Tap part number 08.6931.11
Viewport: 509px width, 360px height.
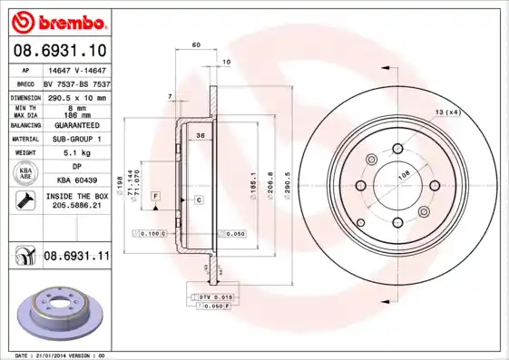pyautogui.click(x=77, y=258)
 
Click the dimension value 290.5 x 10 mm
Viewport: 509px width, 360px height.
pyautogui.click(x=76, y=96)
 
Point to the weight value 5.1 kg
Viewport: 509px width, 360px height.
pyautogui.click(x=76, y=153)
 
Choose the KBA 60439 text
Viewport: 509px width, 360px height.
pyautogui.click(x=76, y=180)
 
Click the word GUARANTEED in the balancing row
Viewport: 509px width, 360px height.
pyautogui.click(x=76, y=124)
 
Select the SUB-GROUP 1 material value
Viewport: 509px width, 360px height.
pyautogui.click(x=76, y=139)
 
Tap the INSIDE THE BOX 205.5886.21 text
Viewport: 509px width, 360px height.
pyautogui.click(x=76, y=201)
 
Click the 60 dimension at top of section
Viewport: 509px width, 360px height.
pyautogui.click(x=195, y=44)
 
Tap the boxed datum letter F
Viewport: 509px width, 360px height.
pyautogui.click(x=156, y=196)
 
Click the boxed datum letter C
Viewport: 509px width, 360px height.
pyautogui.click(x=197, y=199)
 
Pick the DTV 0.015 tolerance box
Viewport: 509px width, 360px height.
pyautogui.click(x=213, y=297)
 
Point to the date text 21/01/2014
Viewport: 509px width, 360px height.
pyautogui.click(x=63, y=355)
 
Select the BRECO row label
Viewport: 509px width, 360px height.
pyautogui.click(x=26, y=83)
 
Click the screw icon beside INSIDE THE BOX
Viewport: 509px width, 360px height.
pyautogui.click(x=25, y=200)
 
